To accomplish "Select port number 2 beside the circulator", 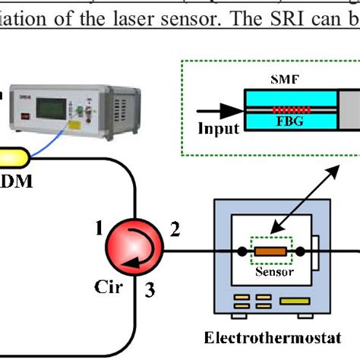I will point(176,228).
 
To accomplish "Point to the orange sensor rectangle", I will point(267,250).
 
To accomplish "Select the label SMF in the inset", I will point(283,81).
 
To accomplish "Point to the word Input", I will point(219,128).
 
